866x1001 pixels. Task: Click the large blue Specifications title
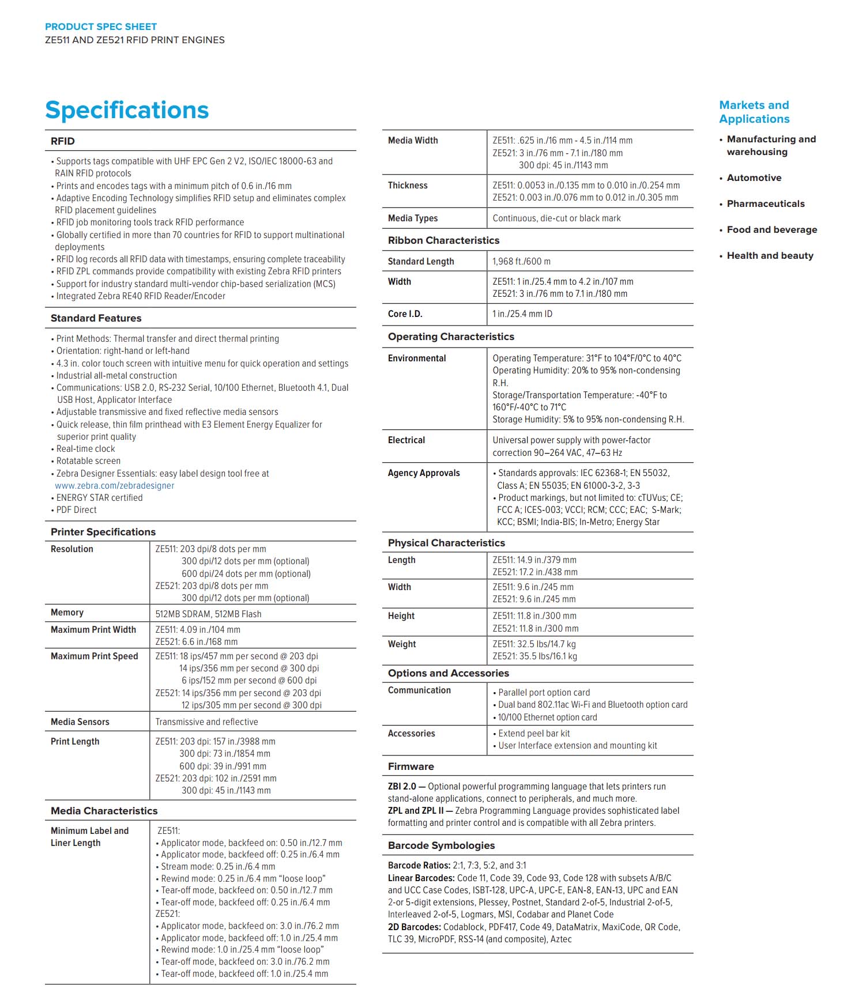[x=127, y=110]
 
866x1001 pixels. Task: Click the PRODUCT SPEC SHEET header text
[x=101, y=27]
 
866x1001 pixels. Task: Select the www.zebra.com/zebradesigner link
[x=115, y=485]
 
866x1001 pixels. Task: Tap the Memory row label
[x=67, y=613]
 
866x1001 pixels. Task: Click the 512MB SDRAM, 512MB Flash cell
[x=208, y=614]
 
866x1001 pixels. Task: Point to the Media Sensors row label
[x=80, y=722]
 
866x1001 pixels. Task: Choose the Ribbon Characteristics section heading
[x=443, y=240]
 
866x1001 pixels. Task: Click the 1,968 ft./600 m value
[x=521, y=261]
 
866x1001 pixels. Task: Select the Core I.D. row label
[x=405, y=314]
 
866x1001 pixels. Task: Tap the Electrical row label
[x=406, y=440]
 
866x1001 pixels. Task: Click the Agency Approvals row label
[x=424, y=473]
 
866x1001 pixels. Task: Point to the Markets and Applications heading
[x=754, y=112]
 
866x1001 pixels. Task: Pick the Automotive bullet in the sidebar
[x=754, y=178]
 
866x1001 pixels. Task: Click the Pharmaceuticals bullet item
[x=765, y=204]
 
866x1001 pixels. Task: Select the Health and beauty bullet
[x=770, y=256]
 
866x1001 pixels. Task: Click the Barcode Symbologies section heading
[x=441, y=845]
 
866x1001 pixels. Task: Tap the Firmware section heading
[x=411, y=766]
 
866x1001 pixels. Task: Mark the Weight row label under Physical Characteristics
[x=401, y=644]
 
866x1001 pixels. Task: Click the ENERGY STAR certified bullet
[x=99, y=497]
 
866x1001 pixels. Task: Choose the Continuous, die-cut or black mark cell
[x=556, y=218]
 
